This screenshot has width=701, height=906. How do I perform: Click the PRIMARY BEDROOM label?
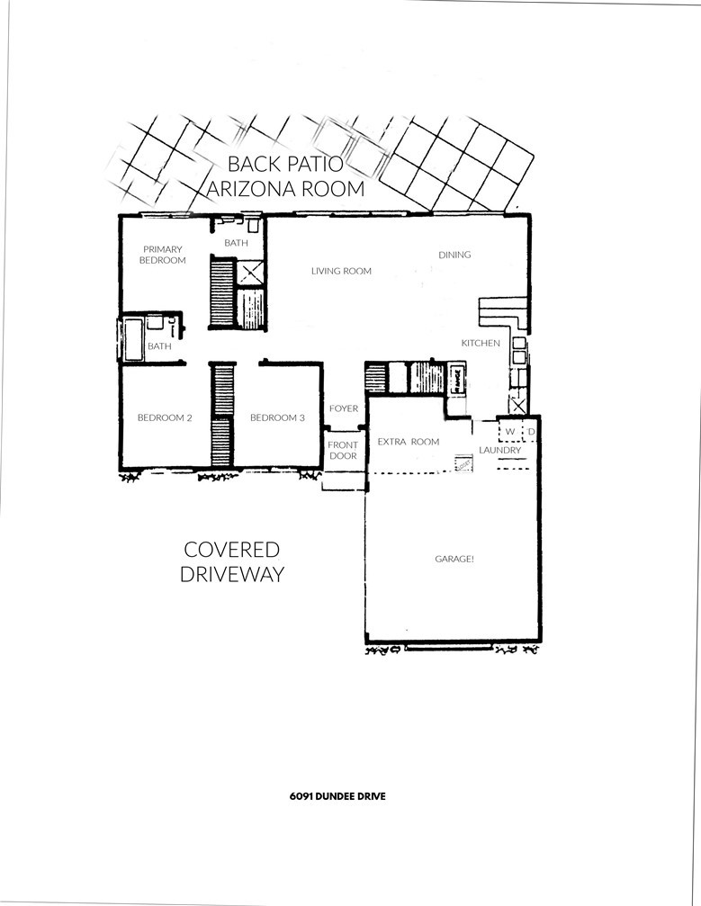[163, 255]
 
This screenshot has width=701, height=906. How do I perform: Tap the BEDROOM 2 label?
[165, 417]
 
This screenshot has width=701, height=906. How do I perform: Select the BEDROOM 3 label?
[277, 417]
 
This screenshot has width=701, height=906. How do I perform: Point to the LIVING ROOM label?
[341, 271]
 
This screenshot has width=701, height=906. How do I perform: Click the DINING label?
[454, 255]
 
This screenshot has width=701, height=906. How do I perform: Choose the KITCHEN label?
[481, 343]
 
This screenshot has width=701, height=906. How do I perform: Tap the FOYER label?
[344, 408]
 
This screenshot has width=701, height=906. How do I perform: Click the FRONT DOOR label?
[343, 451]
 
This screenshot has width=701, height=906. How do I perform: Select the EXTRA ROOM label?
[408, 442]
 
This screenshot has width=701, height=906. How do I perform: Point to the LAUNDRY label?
[500, 450]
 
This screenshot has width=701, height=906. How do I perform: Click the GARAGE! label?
[454, 559]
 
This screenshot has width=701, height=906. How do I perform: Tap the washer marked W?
[509, 433]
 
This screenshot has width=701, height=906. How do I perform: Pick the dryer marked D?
[531, 433]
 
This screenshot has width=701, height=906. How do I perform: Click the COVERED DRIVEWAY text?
[232, 562]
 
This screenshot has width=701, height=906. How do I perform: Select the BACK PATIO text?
[284, 165]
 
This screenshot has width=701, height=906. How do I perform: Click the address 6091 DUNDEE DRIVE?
[337, 796]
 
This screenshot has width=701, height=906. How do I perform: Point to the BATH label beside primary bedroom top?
[237, 243]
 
